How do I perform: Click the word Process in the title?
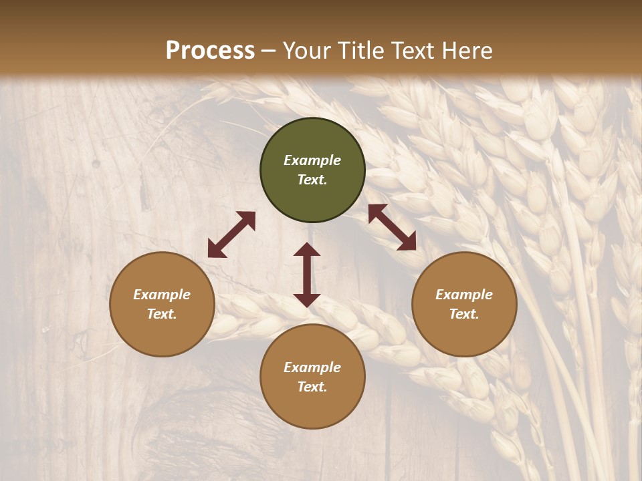click(x=210, y=51)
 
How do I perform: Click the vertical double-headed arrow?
click(x=307, y=275)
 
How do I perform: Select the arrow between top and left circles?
click(x=231, y=234)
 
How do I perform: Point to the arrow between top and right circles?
click(x=392, y=227)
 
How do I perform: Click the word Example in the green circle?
click(x=312, y=160)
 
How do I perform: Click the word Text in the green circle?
click(x=312, y=180)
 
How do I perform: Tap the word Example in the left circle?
click(x=162, y=295)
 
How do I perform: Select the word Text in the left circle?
click(x=162, y=314)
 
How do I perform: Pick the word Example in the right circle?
click(x=464, y=295)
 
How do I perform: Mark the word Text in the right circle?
click(x=464, y=314)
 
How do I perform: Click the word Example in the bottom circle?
click(x=312, y=367)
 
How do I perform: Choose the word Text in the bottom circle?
click(x=312, y=387)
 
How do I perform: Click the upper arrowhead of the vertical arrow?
click(x=307, y=249)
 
